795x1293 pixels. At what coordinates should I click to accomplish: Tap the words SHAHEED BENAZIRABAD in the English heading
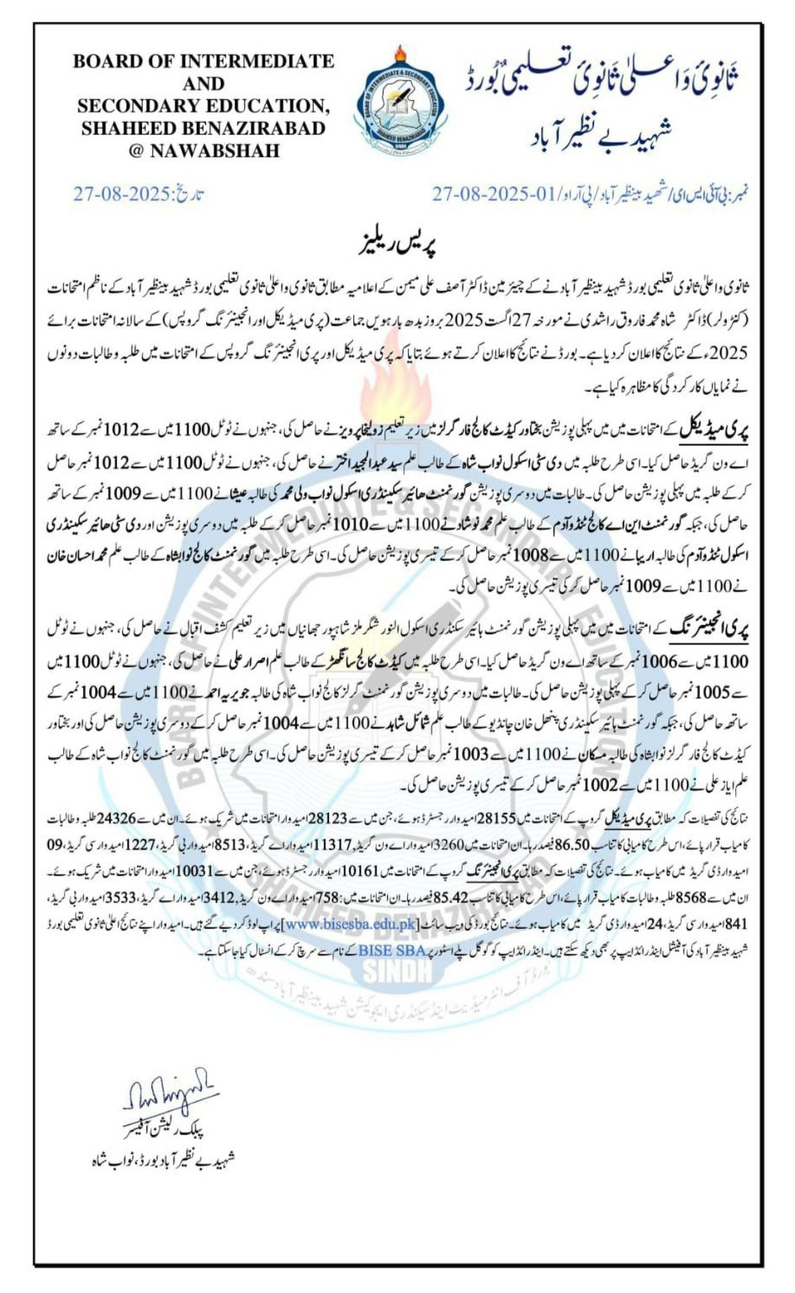tap(203, 129)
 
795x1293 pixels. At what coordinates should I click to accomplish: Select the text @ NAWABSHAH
tap(204, 151)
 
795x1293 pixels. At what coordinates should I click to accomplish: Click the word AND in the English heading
tap(204, 83)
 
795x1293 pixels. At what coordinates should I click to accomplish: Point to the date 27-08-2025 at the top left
tap(122, 194)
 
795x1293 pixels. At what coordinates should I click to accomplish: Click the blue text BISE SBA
tap(393, 950)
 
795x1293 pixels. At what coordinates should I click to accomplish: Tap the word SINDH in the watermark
tap(397, 972)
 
